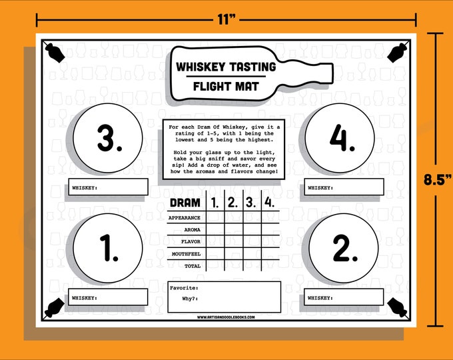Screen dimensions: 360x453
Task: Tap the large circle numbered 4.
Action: (x=341, y=139)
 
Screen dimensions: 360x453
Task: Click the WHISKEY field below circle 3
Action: (x=107, y=188)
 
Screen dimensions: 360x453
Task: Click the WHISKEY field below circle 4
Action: (x=344, y=188)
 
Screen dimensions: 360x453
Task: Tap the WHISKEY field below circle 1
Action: (x=107, y=297)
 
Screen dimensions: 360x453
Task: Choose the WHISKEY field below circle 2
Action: (x=344, y=297)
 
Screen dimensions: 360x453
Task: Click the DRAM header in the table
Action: (x=185, y=203)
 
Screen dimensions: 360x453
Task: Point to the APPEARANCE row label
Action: (x=185, y=218)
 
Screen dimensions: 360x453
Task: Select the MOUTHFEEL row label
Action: (x=186, y=253)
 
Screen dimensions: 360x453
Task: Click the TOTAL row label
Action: (x=193, y=265)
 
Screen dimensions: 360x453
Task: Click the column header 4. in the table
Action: (x=268, y=203)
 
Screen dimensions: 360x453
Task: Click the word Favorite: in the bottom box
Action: (x=184, y=287)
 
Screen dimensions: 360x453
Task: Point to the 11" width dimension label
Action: (x=226, y=20)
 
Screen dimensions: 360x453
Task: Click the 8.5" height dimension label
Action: (x=438, y=179)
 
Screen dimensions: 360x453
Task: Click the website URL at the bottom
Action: (x=225, y=317)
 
